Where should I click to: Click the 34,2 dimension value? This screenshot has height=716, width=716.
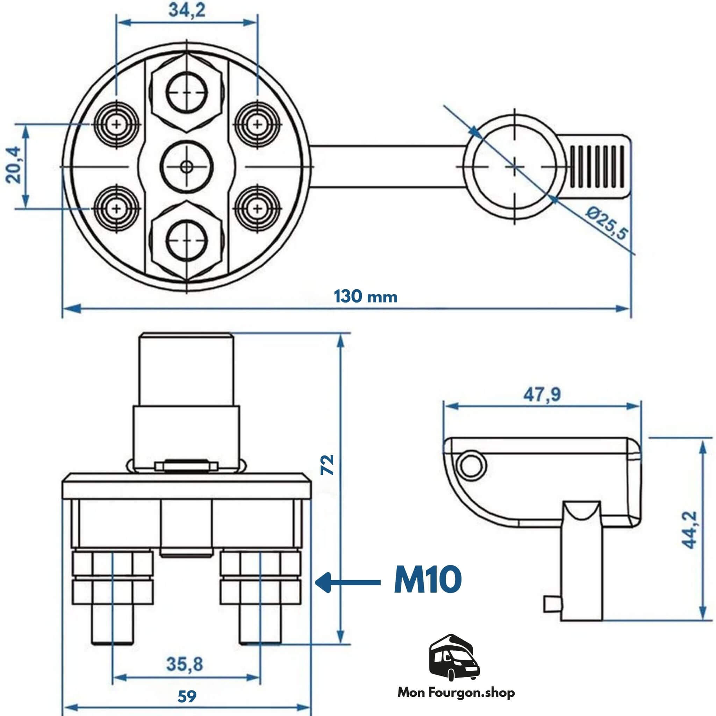click(187, 11)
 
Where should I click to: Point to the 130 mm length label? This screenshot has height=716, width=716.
click(366, 297)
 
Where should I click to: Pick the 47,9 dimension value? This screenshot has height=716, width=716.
click(542, 395)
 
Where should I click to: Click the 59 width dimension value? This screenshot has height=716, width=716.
click(187, 697)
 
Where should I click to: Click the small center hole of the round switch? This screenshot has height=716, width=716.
click(186, 167)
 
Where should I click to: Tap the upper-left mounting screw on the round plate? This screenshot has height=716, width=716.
click(117, 124)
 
